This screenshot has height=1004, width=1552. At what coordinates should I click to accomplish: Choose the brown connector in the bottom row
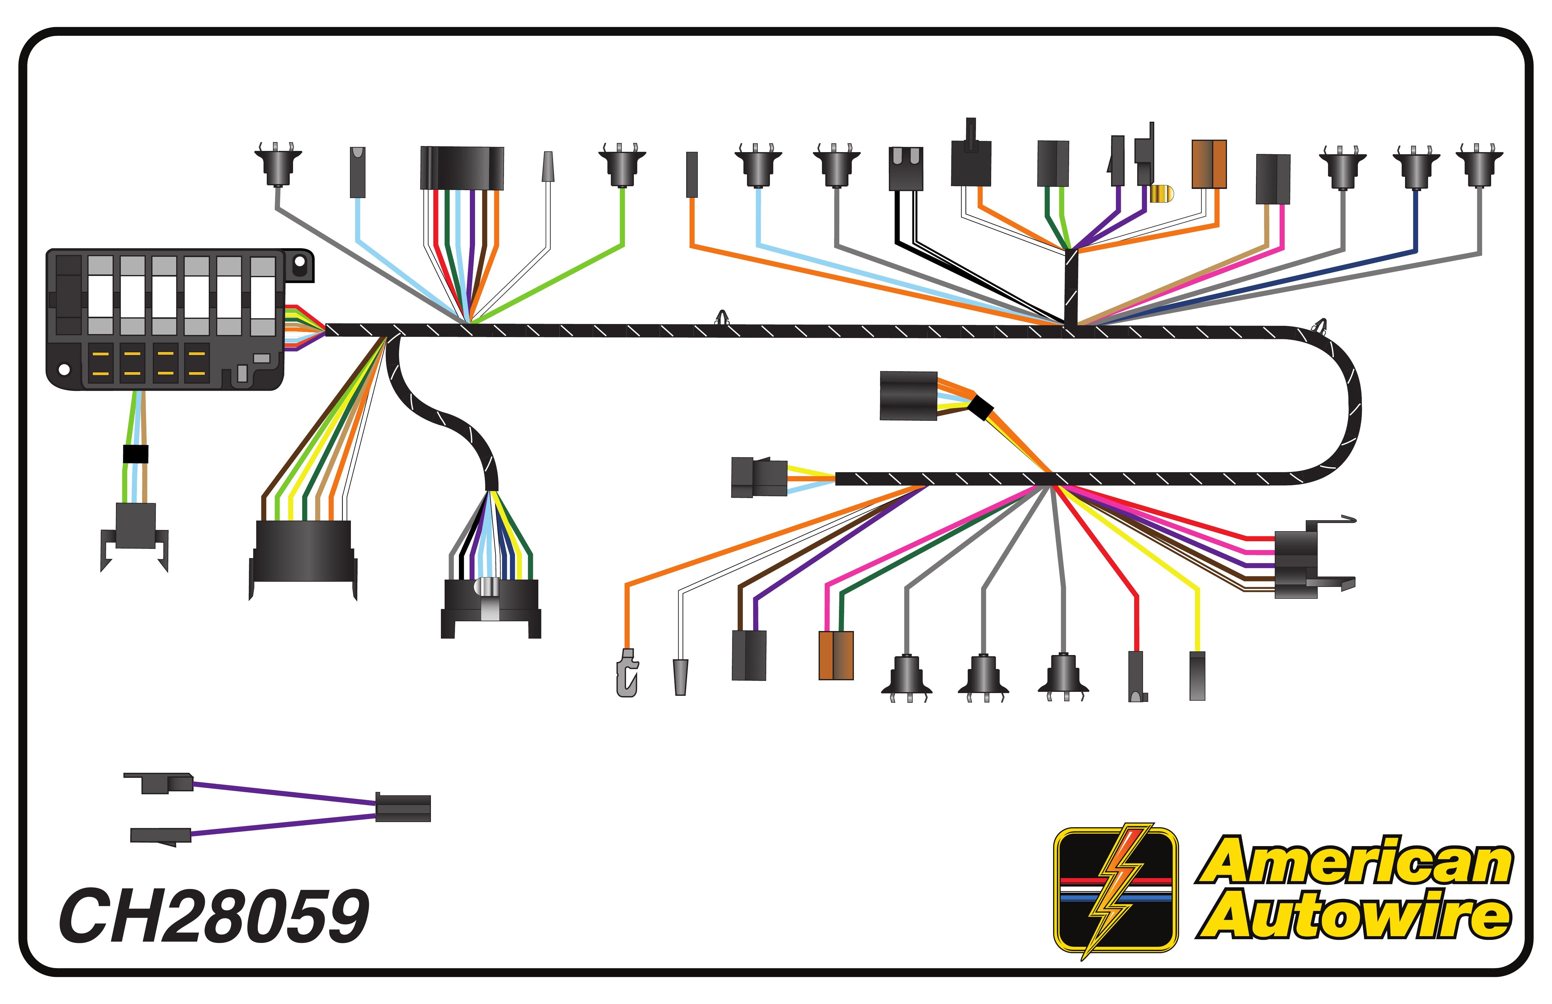click(836, 655)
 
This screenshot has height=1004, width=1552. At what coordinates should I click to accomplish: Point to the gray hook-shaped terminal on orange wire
click(627, 673)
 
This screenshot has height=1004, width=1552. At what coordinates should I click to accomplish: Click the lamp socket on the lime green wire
click(622, 166)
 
